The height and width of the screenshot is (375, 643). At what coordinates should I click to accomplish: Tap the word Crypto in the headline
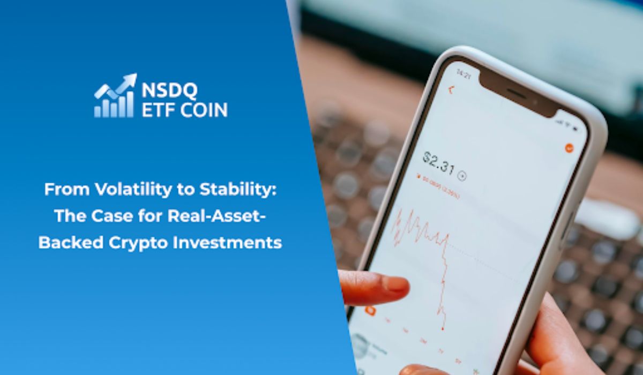(141, 242)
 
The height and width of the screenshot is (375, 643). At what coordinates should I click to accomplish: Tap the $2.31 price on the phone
(438, 162)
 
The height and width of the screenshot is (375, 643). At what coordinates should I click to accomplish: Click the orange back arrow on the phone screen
(450, 90)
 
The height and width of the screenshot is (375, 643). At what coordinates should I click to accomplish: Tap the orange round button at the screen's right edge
(569, 148)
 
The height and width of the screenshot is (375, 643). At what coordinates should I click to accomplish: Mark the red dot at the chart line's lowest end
(443, 328)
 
